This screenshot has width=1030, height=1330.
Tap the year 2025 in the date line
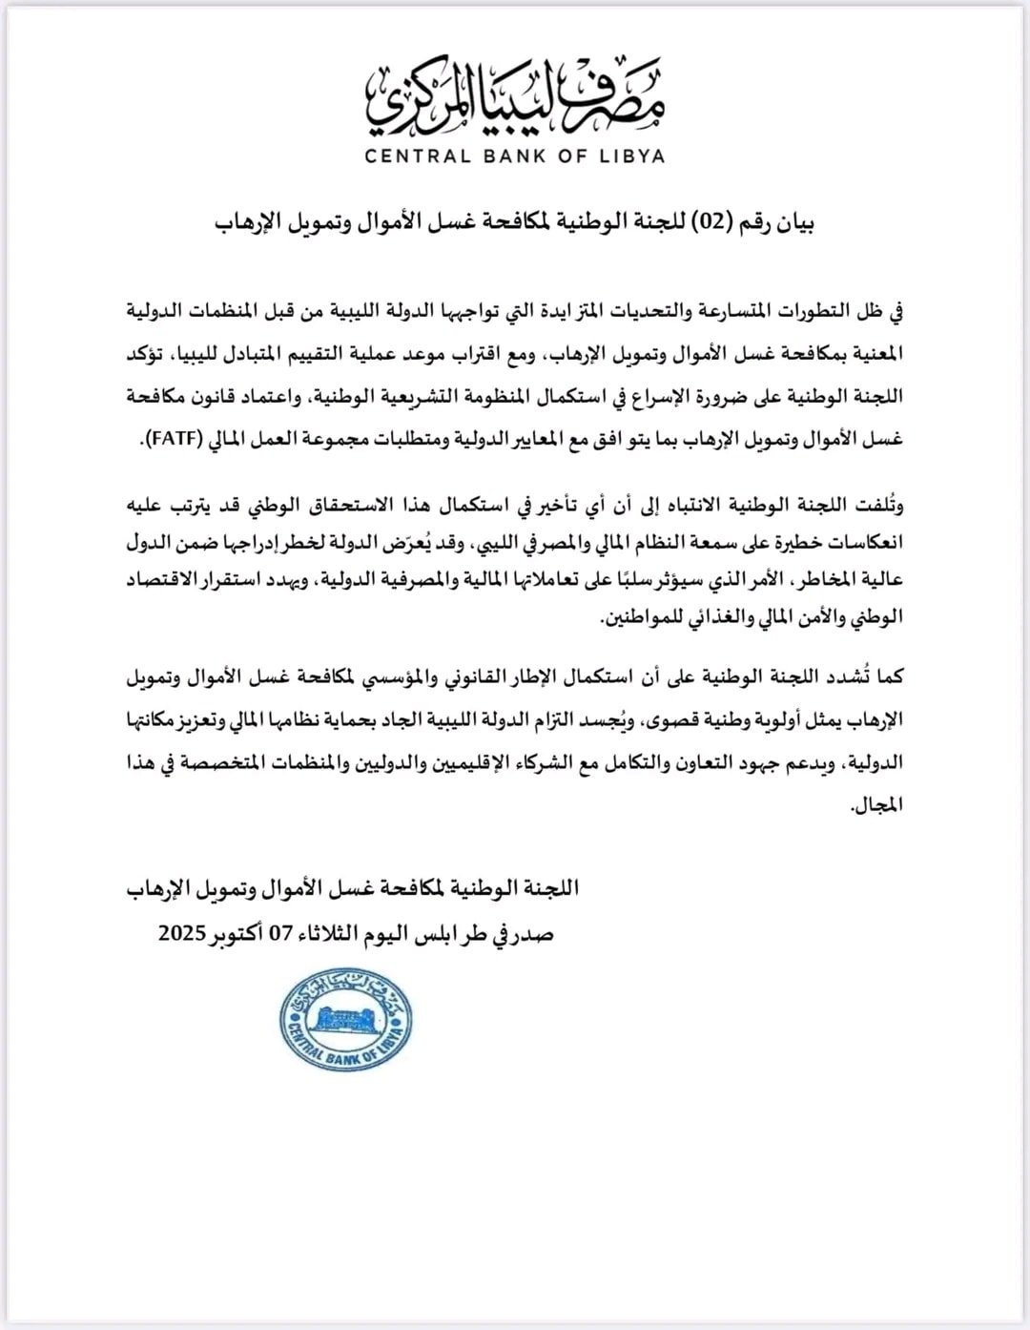point(189,934)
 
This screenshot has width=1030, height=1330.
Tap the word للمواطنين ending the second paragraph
point(642,617)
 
